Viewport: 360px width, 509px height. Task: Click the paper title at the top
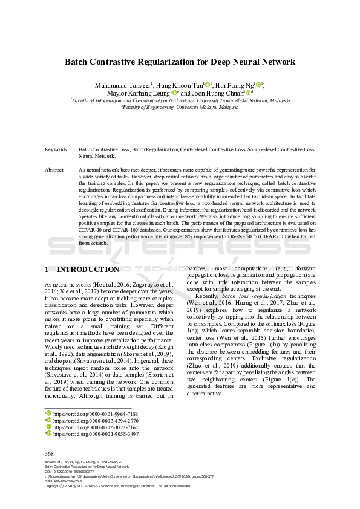(180, 62)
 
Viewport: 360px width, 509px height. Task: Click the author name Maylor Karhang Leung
(140, 93)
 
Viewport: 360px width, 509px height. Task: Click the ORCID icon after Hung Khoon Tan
(208, 85)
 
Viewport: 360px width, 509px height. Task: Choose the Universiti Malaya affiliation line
(180, 106)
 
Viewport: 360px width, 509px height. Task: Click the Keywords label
(56, 149)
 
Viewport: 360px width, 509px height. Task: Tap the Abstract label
(55, 171)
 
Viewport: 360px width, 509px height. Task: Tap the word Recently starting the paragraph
(206, 313)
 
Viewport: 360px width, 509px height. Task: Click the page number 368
(50, 453)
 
